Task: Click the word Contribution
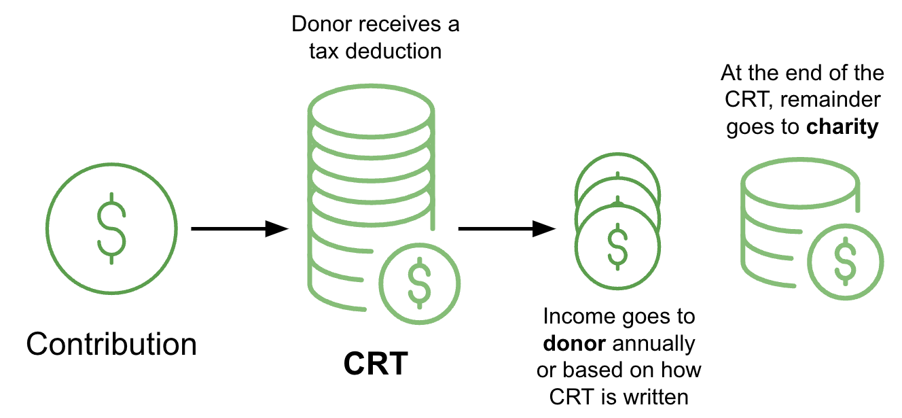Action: tap(111, 345)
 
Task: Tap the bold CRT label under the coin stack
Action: tap(375, 364)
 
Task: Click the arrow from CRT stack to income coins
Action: tap(507, 229)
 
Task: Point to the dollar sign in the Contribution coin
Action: tap(111, 228)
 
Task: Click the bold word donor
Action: tap(574, 344)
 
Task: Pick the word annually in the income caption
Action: tap(654, 344)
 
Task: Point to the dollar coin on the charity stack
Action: tap(846, 261)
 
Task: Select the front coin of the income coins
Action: tap(617, 244)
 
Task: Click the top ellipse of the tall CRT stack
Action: tap(371, 107)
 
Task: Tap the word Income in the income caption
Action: tap(581, 317)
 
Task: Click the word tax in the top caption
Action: tap(323, 51)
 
